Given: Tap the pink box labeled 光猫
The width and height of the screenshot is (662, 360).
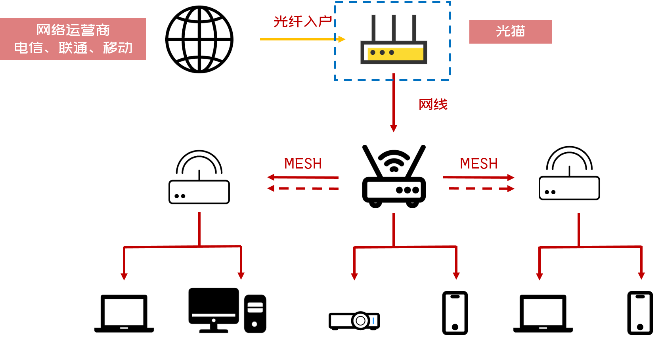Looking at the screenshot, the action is [x=511, y=32].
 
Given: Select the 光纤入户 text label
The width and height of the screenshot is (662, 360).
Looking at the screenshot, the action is [x=302, y=21].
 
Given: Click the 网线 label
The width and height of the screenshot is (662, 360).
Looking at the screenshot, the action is [x=433, y=104].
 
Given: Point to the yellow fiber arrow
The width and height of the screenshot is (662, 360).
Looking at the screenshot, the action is [x=302, y=39].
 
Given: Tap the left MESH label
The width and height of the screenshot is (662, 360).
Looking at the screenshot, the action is [x=303, y=163].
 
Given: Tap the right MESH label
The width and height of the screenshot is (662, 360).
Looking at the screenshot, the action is [x=479, y=163].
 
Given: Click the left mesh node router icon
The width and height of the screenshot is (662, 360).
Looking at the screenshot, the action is [x=199, y=191].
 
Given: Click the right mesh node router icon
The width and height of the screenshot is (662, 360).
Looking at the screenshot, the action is [x=569, y=188].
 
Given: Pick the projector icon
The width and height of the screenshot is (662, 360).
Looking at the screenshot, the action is [x=354, y=321].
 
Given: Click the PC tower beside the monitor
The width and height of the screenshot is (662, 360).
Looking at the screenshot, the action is [x=255, y=314].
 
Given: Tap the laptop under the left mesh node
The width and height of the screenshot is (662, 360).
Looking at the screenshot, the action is [x=124, y=314].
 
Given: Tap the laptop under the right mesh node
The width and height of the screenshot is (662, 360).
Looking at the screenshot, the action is [x=543, y=314].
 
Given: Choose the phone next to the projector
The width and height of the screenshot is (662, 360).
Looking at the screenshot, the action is [x=455, y=313].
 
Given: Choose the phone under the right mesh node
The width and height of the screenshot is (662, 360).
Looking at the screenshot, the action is [x=640, y=313].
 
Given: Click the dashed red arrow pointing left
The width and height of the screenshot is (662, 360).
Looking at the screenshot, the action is [x=302, y=188].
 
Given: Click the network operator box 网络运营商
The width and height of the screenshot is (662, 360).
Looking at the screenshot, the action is [x=73, y=39].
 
